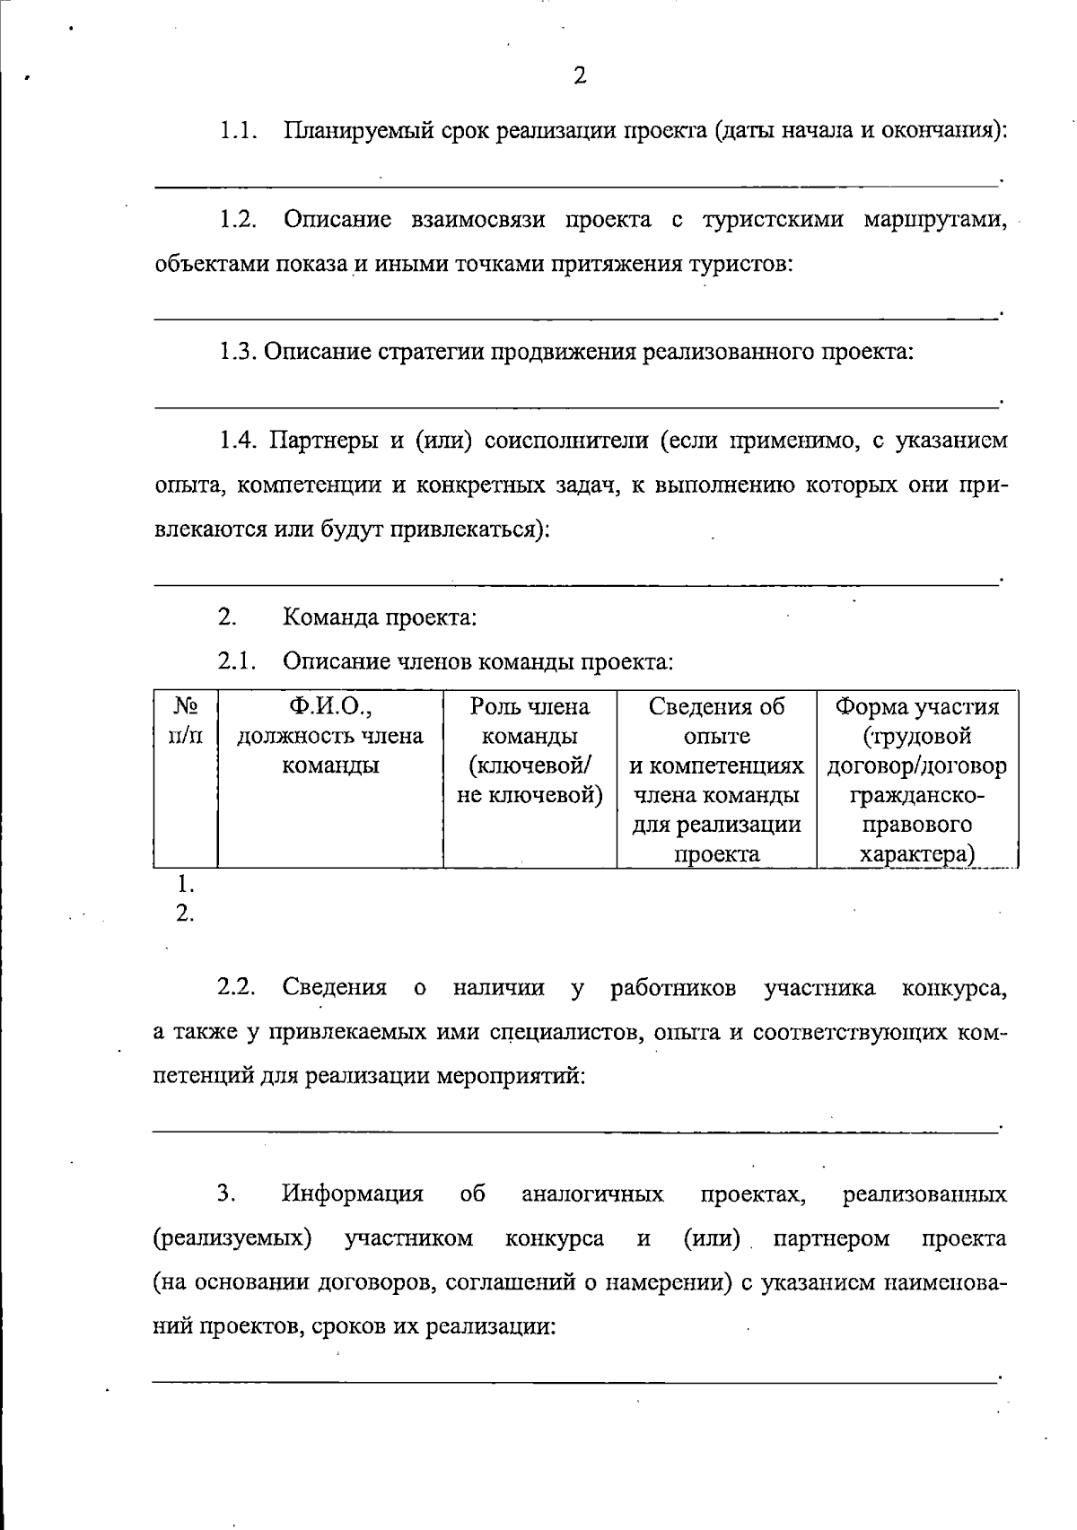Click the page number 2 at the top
pyautogui.click(x=580, y=75)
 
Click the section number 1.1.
pyautogui.click(x=239, y=131)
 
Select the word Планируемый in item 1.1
pyautogui.click(x=357, y=131)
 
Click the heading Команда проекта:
pyautogui.click(x=380, y=618)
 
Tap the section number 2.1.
pyautogui.click(x=237, y=662)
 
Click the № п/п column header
pyautogui.click(x=185, y=721)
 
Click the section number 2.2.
pyautogui.click(x=237, y=988)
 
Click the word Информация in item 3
pyautogui.click(x=353, y=1194)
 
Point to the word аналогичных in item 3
pyautogui.click(x=592, y=1194)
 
